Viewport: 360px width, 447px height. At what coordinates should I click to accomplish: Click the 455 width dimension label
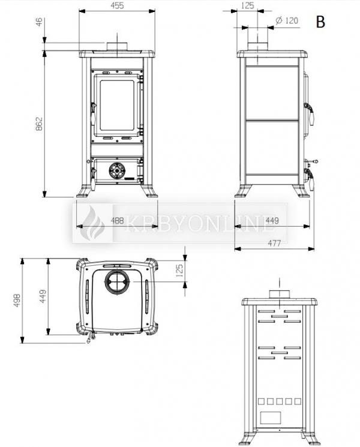pos(117,5)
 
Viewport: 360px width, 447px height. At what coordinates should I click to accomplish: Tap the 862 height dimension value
pos(39,124)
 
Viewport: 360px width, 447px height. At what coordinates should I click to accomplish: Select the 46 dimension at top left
pos(39,22)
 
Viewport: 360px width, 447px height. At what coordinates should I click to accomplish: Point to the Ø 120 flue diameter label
pos(287,20)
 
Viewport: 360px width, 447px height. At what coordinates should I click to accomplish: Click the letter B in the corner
pos(320,22)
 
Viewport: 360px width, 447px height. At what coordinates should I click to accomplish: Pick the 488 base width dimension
pos(117,220)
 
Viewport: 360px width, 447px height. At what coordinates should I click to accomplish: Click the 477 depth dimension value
pos(274,243)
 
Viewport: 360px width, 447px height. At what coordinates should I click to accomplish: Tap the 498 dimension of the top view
pos(17,300)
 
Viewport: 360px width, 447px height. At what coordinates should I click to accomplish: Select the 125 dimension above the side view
pos(247,5)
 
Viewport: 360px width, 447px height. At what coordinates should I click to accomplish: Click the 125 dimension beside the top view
pos(179,271)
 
